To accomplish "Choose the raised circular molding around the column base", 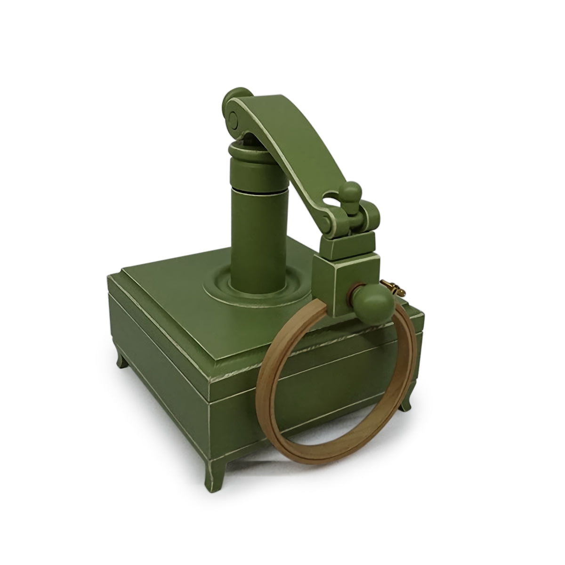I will point(221,290).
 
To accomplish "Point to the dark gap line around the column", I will point(257,190).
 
